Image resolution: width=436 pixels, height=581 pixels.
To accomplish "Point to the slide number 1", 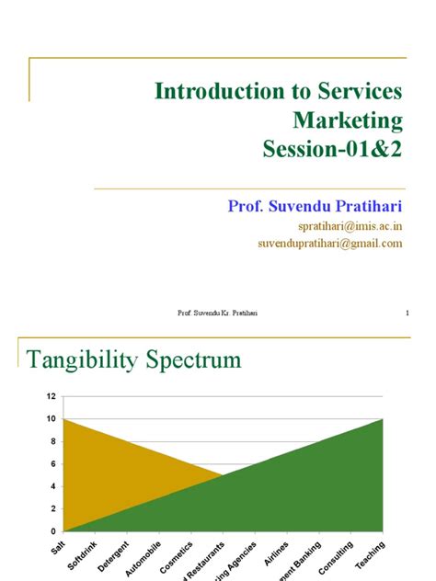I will [405, 313].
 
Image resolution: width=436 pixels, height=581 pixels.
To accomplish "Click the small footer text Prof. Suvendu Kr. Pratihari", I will [217, 313].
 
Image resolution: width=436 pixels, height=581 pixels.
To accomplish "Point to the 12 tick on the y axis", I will [52, 396].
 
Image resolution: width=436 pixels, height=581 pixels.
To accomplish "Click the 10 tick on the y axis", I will [52, 418].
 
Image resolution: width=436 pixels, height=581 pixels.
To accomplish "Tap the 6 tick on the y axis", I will [53, 463].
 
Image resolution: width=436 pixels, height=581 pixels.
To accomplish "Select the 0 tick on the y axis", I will [53, 531].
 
